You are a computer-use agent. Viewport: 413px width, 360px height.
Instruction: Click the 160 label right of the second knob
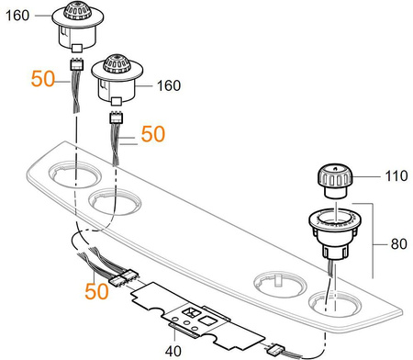coord(169,85)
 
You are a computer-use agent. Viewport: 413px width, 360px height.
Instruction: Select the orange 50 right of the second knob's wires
coord(153,134)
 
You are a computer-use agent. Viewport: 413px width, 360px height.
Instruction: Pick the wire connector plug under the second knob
coord(117,118)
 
